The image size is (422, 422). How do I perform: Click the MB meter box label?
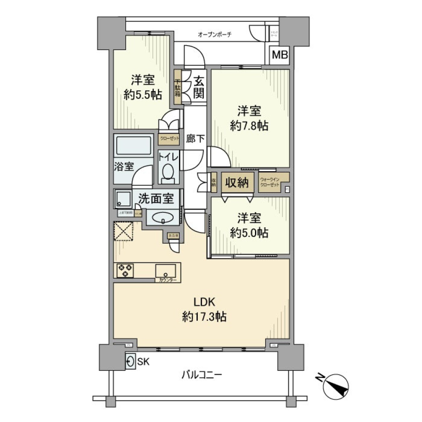click(280, 55)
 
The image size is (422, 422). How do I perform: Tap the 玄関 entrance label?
click(198, 87)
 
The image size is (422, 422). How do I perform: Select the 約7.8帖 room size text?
click(249, 126)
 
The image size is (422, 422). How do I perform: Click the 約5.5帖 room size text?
click(142, 95)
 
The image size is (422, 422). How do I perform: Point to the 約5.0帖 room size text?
click(249, 233)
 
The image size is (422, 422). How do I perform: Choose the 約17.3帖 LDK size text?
click(204, 316)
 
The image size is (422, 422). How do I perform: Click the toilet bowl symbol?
click(168, 172)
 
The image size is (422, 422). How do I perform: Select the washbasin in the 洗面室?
click(163, 217)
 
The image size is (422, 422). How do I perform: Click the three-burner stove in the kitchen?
click(125, 270)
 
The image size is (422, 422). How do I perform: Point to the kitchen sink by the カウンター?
click(166, 270)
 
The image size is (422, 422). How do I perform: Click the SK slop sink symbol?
click(130, 362)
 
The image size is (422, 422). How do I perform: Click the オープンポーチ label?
click(215, 34)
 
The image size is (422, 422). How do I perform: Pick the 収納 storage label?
click(237, 182)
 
